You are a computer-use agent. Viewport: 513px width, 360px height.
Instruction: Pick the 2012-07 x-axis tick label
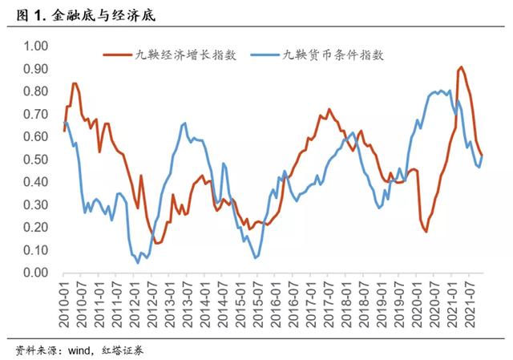[x=155, y=301]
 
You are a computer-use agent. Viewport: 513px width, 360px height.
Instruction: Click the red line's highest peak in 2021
[x=461, y=67]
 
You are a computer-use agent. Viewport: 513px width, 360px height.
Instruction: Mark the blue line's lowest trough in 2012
[x=138, y=262]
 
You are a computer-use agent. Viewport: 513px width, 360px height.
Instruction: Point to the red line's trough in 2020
[x=426, y=231]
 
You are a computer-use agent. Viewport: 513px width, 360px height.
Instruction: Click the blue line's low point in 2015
[x=256, y=257]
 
